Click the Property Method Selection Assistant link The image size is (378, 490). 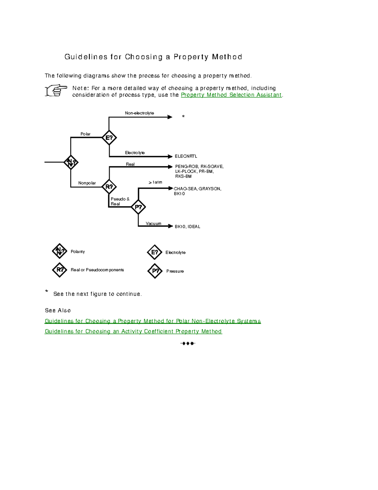click(x=231, y=95)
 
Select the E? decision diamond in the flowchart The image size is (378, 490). click(x=109, y=138)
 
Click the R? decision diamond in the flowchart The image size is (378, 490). click(x=109, y=187)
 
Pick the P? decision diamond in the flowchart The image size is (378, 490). click(x=138, y=207)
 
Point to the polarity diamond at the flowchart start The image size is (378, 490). click(x=71, y=162)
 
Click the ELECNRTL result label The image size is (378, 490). click(x=186, y=156)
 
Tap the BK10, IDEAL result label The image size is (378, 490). click(x=187, y=227)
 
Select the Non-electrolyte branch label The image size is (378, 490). click(x=139, y=113)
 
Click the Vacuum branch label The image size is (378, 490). click(x=153, y=223)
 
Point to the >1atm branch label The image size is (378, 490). click(x=155, y=182)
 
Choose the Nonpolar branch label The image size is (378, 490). click(x=87, y=183)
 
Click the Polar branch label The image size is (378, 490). click(x=85, y=134)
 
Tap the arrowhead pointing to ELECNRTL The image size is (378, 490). click(x=170, y=156)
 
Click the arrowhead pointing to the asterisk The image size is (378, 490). click(x=170, y=117)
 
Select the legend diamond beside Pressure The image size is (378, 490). click(x=155, y=271)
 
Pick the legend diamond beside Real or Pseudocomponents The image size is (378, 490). click(x=60, y=270)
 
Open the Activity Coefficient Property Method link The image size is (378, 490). click(x=133, y=331)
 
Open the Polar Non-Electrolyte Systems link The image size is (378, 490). click(x=153, y=321)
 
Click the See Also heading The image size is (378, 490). click(x=58, y=310)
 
